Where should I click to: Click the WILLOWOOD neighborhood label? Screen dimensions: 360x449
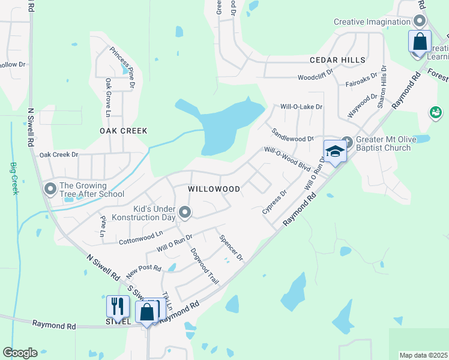coord(214,189)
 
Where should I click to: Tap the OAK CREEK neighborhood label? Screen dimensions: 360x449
coord(123,131)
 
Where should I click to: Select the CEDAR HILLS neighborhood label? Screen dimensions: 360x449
coord(337,60)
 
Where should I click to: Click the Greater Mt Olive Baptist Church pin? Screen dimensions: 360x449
coord(347,139)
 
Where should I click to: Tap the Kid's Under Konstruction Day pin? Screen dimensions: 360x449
coord(185,211)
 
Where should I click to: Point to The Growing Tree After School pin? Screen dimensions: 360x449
coord(50,189)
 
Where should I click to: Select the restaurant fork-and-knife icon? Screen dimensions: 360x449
coord(118,307)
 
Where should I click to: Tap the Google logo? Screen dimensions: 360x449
coord(20,353)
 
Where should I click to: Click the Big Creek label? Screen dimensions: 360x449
coord(14,178)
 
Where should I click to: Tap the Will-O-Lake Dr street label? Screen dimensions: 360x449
coord(301,107)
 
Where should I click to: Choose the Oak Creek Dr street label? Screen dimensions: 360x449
coord(59,155)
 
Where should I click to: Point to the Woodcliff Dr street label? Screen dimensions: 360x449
coord(315,77)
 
